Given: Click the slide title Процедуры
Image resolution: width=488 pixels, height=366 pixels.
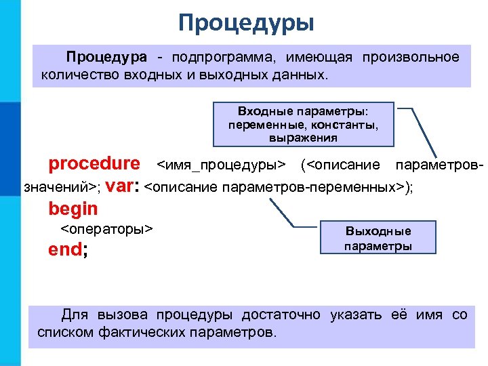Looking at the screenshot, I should pyautogui.click(x=246, y=23).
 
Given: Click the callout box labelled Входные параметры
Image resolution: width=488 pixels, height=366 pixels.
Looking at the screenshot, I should pyautogui.click(x=304, y=124).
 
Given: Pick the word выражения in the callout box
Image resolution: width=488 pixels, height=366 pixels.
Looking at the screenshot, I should pyautogui.click(x=304, y=137).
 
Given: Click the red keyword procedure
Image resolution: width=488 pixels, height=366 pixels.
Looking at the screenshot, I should pyautogui.click(x=94, y=164).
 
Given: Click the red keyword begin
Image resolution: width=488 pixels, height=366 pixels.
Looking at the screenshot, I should pyautogui.click(x=73, y=209).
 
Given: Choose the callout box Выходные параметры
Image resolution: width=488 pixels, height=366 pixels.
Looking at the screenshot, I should pyautogui.click(x=378, y=238).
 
